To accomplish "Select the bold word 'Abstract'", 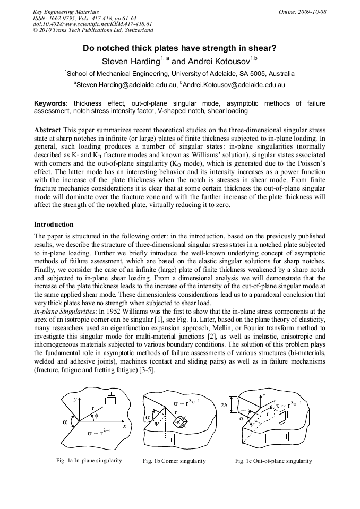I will point(47,130).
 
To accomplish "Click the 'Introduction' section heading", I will point(54,225).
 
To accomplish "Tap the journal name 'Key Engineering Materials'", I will point(65,11).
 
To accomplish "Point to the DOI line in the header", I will point(92,24).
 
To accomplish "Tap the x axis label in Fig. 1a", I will point(123,426).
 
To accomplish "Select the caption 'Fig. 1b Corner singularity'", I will point(174,461).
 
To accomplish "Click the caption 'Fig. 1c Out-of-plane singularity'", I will point(273,461).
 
